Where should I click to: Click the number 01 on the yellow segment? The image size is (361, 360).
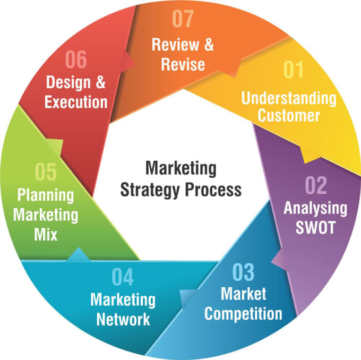tap(293, 70)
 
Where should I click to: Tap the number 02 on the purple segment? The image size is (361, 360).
tap(316, 185)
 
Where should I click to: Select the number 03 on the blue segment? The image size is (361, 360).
tap(243, 272)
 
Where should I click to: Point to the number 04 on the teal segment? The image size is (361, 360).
tap(123, 277)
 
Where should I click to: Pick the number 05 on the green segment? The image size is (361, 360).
tap(46, 172)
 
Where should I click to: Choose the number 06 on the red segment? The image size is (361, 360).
tap(76, 59)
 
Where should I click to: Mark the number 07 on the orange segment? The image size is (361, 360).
tap(183, 19)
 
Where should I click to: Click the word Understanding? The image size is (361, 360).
tap(289, 99)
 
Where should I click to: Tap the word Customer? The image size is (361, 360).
tap(289, 115)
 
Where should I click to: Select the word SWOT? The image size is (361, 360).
tap(315, 228)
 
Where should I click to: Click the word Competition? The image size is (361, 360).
tap(243, 314)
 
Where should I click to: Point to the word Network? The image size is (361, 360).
tap(123, 319)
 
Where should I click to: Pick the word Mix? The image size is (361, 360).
tap(46, 234)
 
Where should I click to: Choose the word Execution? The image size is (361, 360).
tap(76, 102)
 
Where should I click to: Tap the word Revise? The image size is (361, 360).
tap(183, 64)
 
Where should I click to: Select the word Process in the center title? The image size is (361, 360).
tap(213, 190)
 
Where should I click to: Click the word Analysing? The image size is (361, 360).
tap(315, 209)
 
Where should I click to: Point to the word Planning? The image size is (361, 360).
tap(46, 195)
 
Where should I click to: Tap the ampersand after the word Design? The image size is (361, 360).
tap(100, 82)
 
